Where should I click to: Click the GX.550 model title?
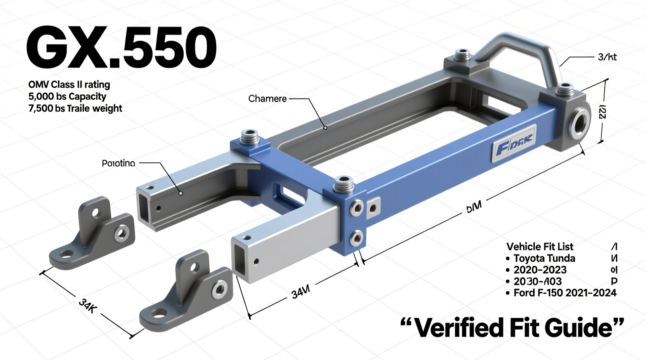[x=121, y=48]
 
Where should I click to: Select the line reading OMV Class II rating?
[x=69, y=85]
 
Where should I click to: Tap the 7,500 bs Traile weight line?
[x=75, y=108]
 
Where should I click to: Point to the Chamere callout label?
[x=267, y=99]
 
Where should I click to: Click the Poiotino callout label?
[x=118, y=163]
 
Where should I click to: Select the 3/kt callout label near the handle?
[x=607, y=57]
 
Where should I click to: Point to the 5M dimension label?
[x=474, y=206]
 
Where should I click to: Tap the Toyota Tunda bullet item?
[x=544, y=258]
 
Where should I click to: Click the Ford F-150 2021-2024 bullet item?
[x=564, y=293]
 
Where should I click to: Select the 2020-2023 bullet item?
[x=540, y=270]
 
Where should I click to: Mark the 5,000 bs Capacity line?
[x=67, y=97]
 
